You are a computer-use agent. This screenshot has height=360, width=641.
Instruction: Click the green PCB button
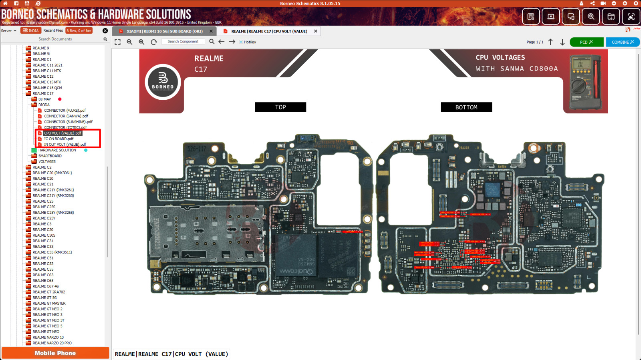pyautogui.click(x=586, y=42)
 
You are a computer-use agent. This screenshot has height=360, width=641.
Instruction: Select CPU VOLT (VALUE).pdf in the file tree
pyautogui.click(x=62, y=133)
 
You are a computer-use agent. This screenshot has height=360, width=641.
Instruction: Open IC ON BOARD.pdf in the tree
pyautogui.click(x=58, y=139)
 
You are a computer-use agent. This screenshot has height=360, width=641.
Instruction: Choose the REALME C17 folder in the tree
pyautogui.click(x=43, y=94)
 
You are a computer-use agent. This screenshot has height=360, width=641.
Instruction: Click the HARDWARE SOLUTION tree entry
pyautogui.click(x=57, y=150)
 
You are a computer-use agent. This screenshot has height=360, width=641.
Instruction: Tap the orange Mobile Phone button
pyautogui.click(x=55, y=353)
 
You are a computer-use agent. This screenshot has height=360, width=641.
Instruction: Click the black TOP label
pyautogui.click(x=280, y=107)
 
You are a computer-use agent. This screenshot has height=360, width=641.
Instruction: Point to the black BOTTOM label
pyautogui.click(x=466, y=107)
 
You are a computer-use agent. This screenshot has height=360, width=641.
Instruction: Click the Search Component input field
pyautogui.click(x=183, y=42)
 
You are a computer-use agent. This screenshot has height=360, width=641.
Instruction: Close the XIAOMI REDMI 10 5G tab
pyautogui.click(x=211, y=31)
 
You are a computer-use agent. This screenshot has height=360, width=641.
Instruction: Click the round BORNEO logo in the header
pyautogui.click(x=163, y=82)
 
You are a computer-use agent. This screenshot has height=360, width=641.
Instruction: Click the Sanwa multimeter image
pyautogui.click(x=585, y=82)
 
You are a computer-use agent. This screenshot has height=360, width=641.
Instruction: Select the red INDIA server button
pyautogui.click(x=31, y=30)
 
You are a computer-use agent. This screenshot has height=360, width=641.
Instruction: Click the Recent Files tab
pyautogui.click(x=53, y=30)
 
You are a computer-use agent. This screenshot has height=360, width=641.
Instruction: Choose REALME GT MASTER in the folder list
pyautogui.click(x=49, y=304)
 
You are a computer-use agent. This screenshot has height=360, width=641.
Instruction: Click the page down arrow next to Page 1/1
pyautogui.click(x=562, y=42)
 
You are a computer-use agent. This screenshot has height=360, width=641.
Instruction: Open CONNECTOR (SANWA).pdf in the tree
pyautogui.click(x=66, y=116)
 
